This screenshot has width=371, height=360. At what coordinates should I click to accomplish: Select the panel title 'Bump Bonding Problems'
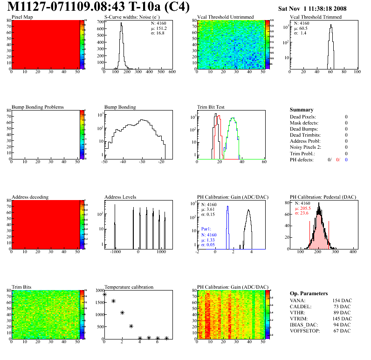37,107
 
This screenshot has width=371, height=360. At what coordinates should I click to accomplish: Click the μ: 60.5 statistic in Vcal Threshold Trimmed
300,28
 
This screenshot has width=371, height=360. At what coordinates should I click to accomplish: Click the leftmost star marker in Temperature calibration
104,294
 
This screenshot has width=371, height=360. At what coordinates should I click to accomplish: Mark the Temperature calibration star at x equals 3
131,326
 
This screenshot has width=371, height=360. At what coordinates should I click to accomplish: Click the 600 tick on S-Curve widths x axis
172,72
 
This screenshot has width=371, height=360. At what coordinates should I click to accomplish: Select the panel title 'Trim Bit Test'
211,107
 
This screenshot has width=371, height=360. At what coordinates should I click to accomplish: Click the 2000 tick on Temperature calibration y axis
98,290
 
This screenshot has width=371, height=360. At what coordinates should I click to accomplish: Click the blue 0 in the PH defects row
347,159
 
